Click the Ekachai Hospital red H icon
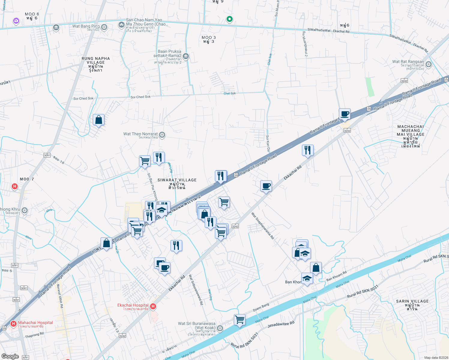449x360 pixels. [153, 306]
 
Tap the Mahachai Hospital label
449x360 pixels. [35, 323]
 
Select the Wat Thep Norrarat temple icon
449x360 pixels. [162, 135]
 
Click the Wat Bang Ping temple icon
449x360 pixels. [104, 27]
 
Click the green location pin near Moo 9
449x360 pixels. [230, 19]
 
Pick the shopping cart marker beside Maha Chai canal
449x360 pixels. [240, 320]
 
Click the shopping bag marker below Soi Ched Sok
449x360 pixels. [98, 120]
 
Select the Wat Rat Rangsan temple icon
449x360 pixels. [428, 64]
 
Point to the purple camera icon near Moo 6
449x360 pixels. [16, 21]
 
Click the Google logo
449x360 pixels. [10, 356]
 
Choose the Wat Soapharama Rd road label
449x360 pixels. [263, 226]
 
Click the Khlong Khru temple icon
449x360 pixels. [25, 210]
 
